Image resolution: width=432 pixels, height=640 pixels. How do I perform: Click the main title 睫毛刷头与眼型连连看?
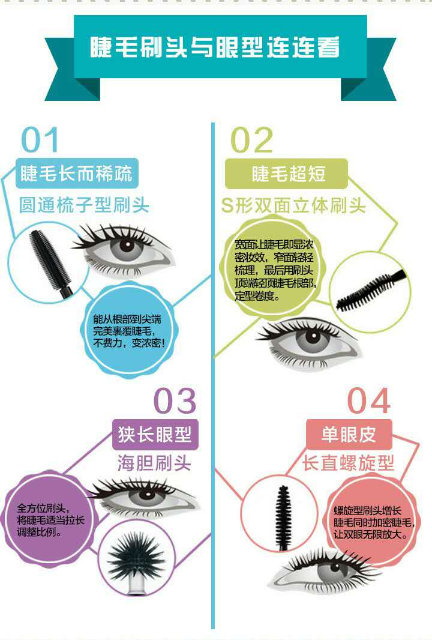tap(215, 48)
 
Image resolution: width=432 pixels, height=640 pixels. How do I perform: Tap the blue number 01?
tap(41, 140)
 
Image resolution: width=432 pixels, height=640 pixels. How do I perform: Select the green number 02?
tap(252, 140)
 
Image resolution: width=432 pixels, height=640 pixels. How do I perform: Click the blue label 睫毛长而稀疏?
tap(76, 174)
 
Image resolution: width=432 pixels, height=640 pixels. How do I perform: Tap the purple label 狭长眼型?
tap(155, 434)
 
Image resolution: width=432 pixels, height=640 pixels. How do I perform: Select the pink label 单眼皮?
tap(349, 434)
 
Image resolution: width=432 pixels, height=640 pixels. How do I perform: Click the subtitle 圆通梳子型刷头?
tap(84, 205)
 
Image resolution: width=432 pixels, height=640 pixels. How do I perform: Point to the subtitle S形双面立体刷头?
tap(293, 205)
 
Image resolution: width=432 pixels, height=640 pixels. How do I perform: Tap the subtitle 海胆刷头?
tap(154, 463)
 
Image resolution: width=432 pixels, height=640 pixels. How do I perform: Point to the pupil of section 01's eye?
tap(127, 245)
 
